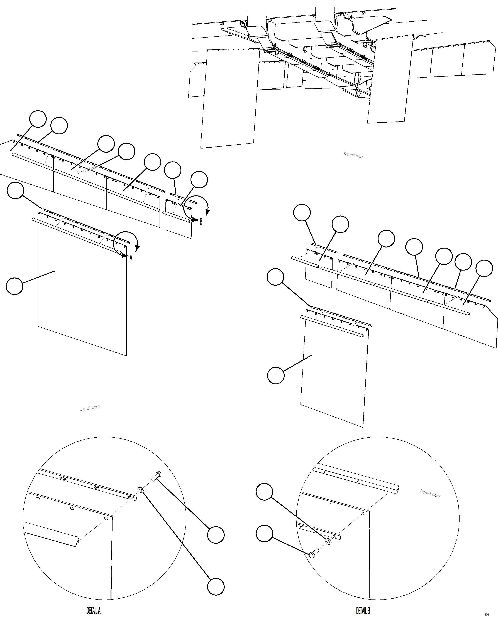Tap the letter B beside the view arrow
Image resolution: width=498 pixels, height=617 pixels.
pyautogui.click(x=201, y=222)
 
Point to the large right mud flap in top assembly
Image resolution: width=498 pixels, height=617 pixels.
pyautogui.click(x=390, y=80)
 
